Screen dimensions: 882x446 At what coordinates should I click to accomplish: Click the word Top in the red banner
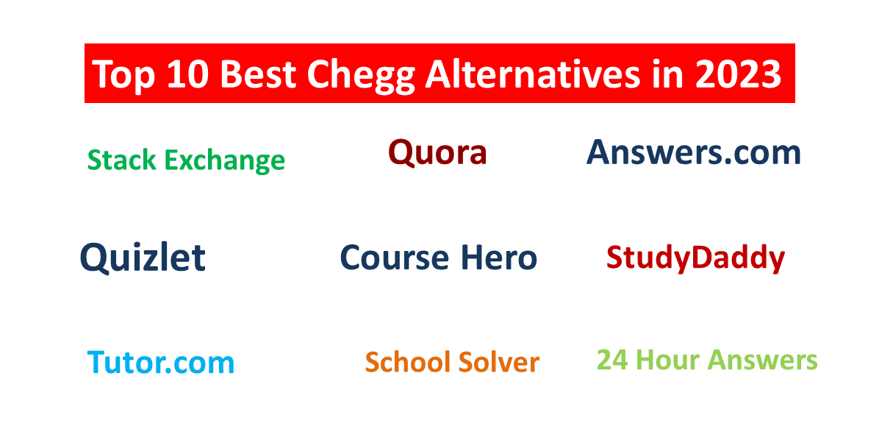[x=123, y=75]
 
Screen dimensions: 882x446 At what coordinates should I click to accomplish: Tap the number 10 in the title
[x=187, y=74]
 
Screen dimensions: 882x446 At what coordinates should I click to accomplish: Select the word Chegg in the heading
[x=361, y=76]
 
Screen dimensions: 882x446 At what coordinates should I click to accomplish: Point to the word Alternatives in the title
[x=533, y=74]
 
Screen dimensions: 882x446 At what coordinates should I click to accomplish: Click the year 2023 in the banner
[x=738, y=74]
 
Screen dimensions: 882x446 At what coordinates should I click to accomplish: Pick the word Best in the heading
[x=258, y=74]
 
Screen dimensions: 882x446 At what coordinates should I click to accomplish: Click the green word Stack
[x=122, y=160]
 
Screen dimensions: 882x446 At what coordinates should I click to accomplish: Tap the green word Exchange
[x=224, y=161]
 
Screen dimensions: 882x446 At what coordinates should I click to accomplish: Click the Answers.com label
[x=694, y=152]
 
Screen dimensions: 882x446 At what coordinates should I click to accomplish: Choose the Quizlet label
[x=143, y=257]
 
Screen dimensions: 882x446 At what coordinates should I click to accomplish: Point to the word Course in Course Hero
[x=394, y=258]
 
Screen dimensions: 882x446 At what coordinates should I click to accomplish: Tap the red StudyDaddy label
[x=696, y=258]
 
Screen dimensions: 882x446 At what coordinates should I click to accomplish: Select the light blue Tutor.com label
[x=161, y=362]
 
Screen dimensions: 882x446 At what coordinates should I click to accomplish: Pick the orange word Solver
[x=499, y=361]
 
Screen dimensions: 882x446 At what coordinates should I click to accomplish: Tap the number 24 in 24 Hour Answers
[x=612, y=360]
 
